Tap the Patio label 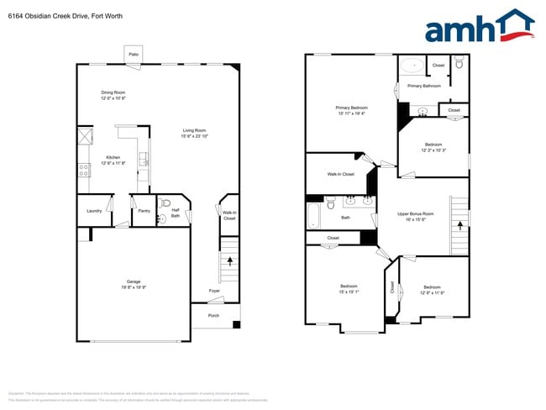[x=134, y=54]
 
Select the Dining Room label [x=113, y=96]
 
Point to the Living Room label [x=194, y=133]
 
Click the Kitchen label [x=113, y=160]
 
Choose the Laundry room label [x=94, y=210]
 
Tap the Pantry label [x=144, y=210]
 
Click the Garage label [x=134, y=284]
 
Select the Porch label [x=213, y=316]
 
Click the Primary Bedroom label [x=352, y=110]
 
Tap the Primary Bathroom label [x=424, y=86]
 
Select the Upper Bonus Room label [x=415, y=216]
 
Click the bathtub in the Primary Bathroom [x=413, y=65]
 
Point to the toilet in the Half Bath [x=165, y=202]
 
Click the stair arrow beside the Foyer [x=229, y=264]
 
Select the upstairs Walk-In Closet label [x=340, y=174]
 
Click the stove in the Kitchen [x=84, y=170]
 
